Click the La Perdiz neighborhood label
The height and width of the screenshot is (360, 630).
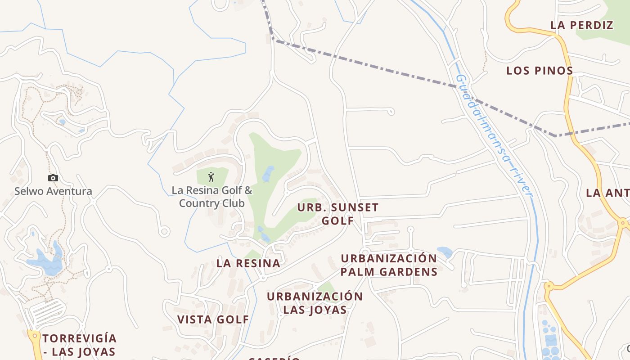coord(582,25)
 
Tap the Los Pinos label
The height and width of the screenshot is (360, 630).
coord(540,71)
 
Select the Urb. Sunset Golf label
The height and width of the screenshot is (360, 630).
coord(337,214)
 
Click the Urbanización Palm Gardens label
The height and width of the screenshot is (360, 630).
coord(389,265)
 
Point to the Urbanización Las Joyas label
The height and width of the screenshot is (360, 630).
coord(315,303)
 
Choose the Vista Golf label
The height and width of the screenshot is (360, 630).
coord(213,319)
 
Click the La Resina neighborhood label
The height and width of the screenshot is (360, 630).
coord(248,263)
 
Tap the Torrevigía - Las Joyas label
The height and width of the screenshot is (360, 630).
coord(80,345)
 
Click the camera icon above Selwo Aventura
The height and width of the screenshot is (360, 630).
coord(53,178)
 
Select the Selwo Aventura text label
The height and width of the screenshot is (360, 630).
coord(53,191)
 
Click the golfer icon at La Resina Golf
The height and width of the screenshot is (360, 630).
coord(211,177)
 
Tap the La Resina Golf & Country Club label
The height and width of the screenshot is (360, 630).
coord(211,197)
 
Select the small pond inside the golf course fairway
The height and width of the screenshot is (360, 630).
coord(268,174)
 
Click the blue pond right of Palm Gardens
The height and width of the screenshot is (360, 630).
coord(445,252)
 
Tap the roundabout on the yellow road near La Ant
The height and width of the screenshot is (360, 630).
coord(623,222)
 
